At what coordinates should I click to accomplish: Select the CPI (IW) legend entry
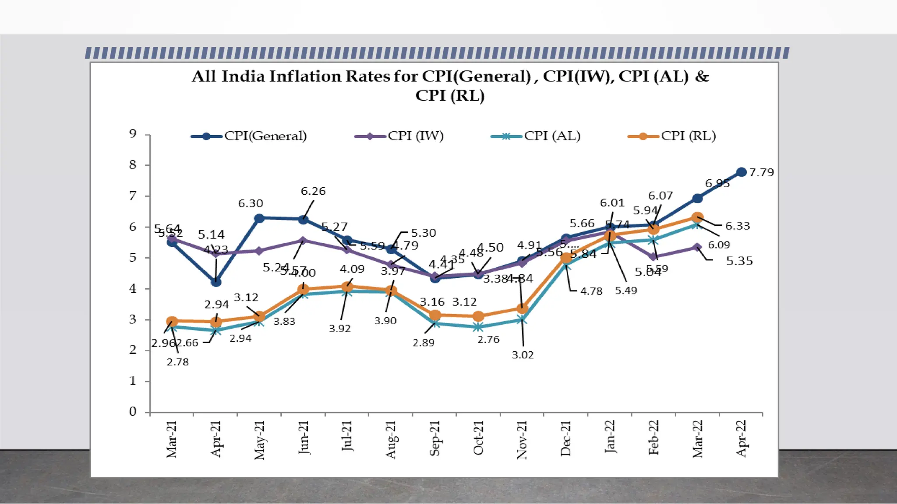coord(399,136)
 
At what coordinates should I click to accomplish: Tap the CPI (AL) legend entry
coord(536,136)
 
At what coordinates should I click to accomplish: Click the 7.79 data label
coord(761,172)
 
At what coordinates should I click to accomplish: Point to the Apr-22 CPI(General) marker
coord(741,172)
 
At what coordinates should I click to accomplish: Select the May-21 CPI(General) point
coord(259,218)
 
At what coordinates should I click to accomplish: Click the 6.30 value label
coord(251,203)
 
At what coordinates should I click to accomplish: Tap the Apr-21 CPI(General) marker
coord(215,282)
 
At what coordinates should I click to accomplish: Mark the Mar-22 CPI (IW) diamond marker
coord(697,247)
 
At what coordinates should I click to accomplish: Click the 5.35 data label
coord(739,261)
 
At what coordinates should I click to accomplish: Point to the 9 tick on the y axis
coord(133,134)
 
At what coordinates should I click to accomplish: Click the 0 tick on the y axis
coord(133,412)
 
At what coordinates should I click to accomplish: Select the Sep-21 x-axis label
coord(434,438)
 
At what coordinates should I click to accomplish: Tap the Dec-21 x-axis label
coord(566,438)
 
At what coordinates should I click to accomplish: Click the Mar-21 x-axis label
coord(172,439)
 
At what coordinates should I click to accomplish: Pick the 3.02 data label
coord(523,355)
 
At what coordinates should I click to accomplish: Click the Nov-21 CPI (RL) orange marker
coord(522,309)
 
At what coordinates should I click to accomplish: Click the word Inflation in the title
coord(304,77)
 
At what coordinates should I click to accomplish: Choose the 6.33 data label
coord(738,226)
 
